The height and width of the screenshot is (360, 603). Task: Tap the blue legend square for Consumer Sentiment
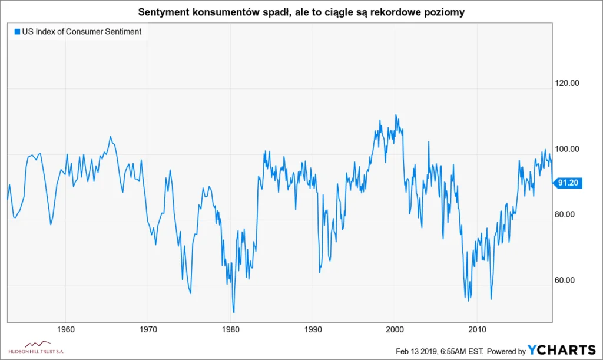[x=16, y=32]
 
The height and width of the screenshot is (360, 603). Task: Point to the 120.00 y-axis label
[x=568, y=83]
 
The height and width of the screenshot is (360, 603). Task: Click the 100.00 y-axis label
[x=568, y=148]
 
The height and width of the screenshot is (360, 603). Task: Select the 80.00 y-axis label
[x=566, y=214]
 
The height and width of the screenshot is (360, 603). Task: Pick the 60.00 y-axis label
[x=566, y=280]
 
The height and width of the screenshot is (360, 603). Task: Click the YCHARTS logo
[x=562, y=351]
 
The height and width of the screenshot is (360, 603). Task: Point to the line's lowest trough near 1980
[x=234, y=312]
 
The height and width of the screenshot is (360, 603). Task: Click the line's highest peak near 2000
[x=395, y=115]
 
